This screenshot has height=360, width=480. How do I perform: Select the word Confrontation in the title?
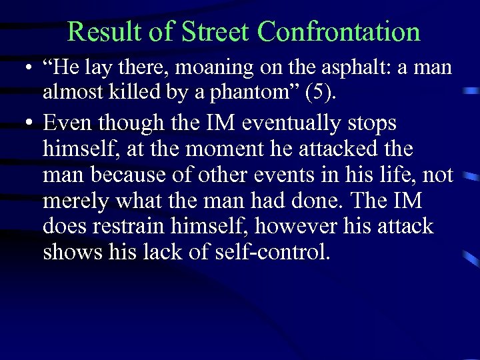coord(339,31)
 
